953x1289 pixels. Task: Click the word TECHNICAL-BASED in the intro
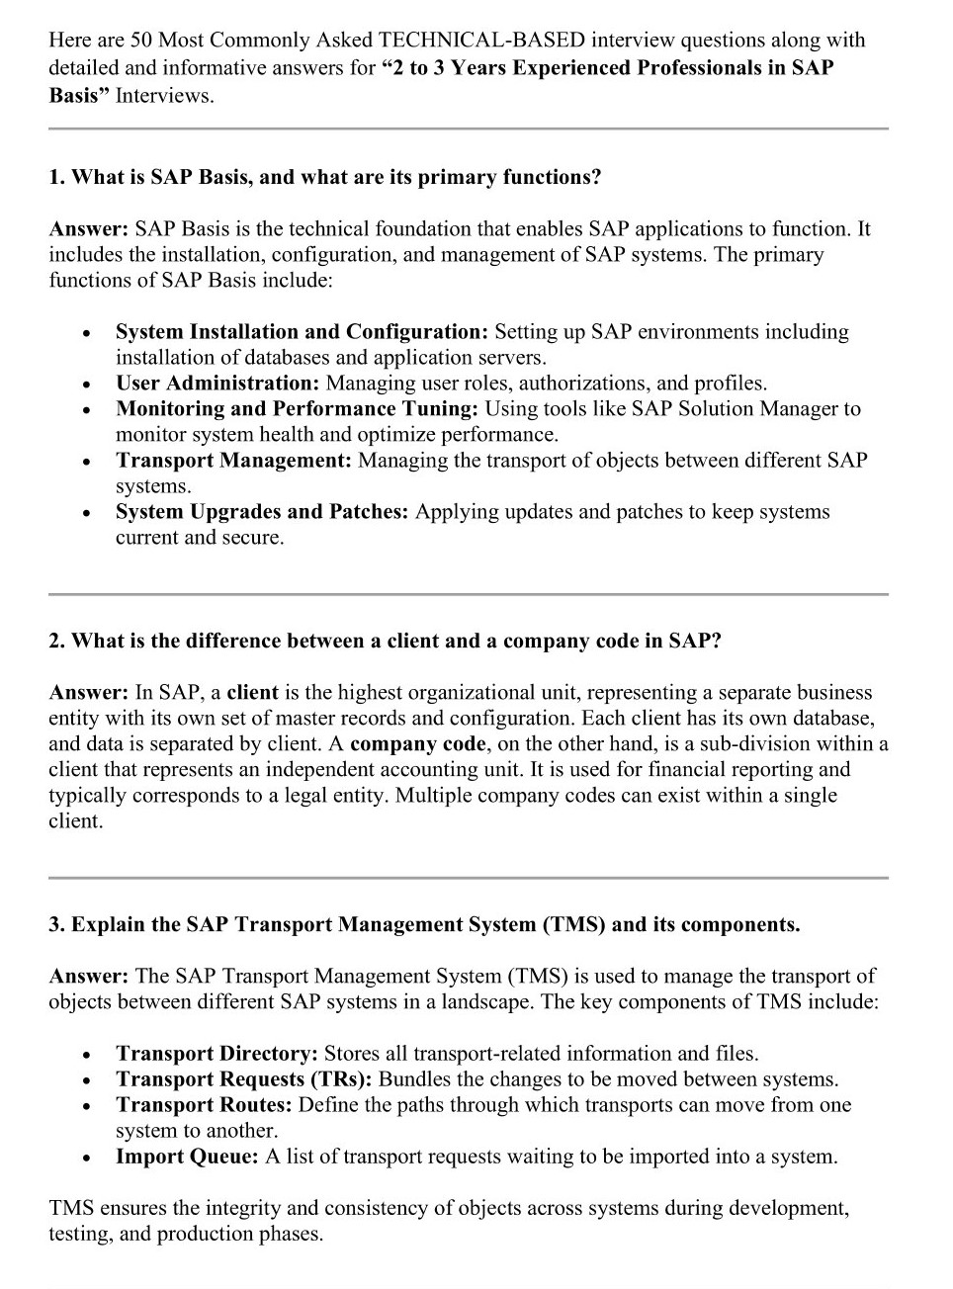pyautogui.click(x=481, y=41)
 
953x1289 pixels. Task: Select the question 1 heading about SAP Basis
pyautogui.click(x=325, y=178)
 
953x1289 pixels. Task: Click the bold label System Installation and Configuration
pyautogui.click(x=302, y=332)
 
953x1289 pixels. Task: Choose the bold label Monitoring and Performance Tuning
pyautogui.click(x=297, y=409)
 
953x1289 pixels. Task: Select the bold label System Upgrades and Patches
pyautogui.click(x=261, y=512)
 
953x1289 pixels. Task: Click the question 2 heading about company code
pyautogui.click(x=386, y=642)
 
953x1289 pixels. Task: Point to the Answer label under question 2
pyautogui.click(x=88, y=693)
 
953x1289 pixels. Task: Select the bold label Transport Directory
pyautogui.click(x=217, y=1054)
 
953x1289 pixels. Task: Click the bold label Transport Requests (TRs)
pyautogui.click(x=243, y=1079)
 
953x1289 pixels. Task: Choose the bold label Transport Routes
pyautogui.click(x=204, y=1105)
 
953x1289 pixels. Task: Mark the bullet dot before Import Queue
pyautogui.click(x=88, y=1159)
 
